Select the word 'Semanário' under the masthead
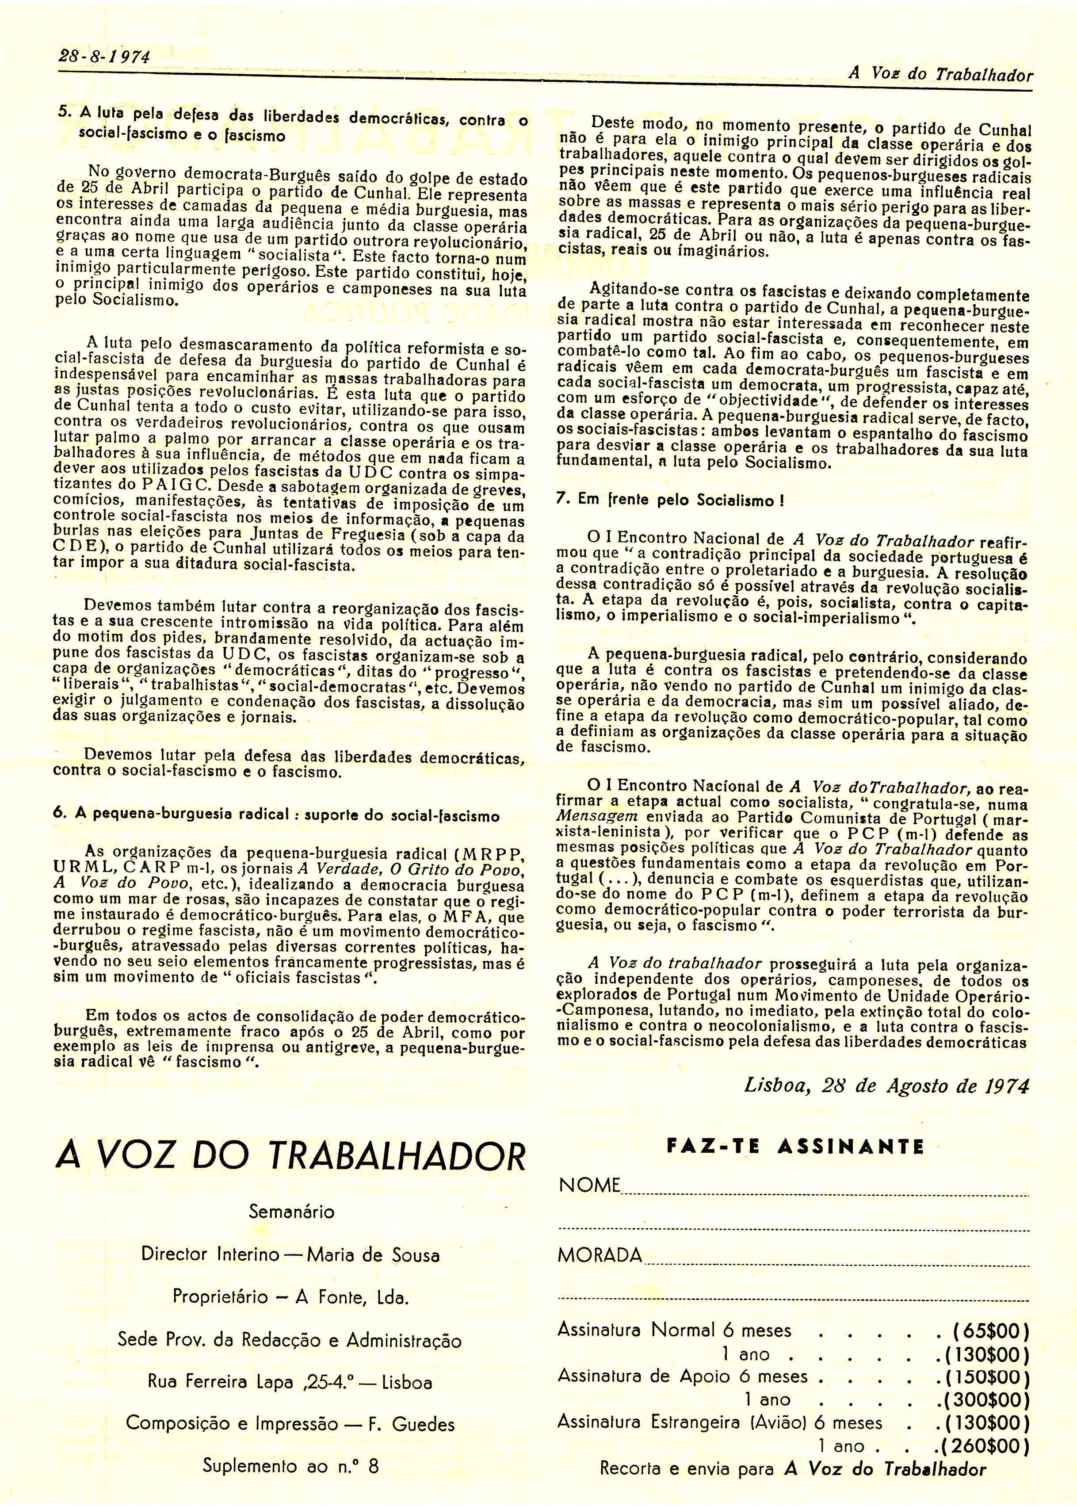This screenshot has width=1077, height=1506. point(291,1212)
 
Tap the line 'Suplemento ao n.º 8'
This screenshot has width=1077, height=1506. point(290,1468)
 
